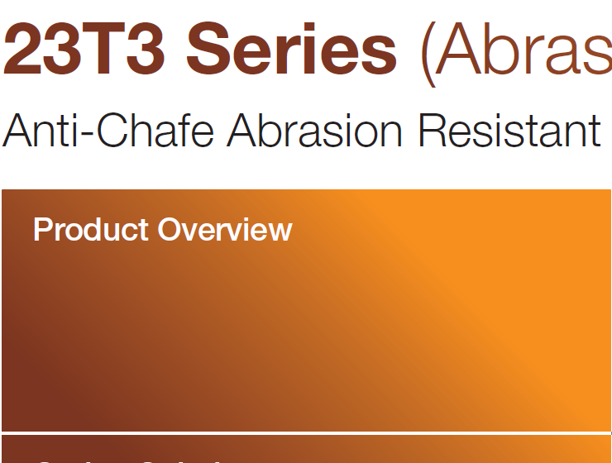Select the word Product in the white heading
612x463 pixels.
coord(90,230)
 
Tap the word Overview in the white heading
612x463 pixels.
coord(225,230)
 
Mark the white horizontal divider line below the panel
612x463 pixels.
coord(306,432)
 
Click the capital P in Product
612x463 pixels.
coord(42,230)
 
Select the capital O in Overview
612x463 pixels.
coord(169,230)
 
